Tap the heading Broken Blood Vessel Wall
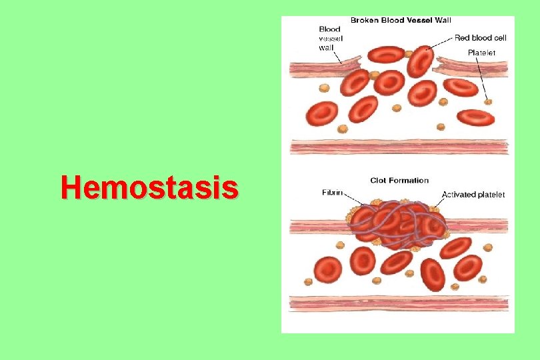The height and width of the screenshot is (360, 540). tap(401, 20)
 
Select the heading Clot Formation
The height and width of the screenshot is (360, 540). tap(399, 180)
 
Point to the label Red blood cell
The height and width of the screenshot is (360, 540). tap(481, 38)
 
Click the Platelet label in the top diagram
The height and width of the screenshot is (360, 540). tap(481, 52)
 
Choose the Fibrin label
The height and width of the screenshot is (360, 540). tap(332, 193)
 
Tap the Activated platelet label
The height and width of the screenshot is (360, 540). tap(473, 195)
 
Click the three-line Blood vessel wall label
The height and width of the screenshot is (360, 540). tap(330, 38)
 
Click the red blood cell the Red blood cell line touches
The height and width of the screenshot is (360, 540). tap(420, 61)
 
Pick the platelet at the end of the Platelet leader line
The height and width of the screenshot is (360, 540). tap(489, 101)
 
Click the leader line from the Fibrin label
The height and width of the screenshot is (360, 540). tap(353, 199)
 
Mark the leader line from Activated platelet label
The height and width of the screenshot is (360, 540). tap(433, 201)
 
